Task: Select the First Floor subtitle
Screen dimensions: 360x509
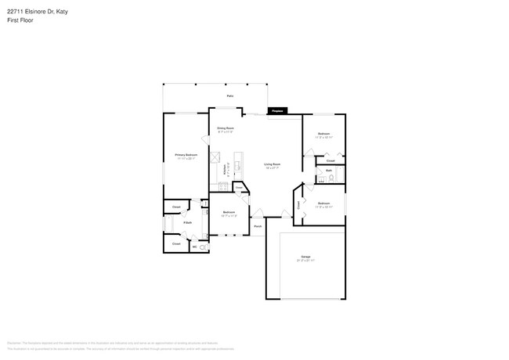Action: pos(20,20)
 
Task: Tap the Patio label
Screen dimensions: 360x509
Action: pos(230,95)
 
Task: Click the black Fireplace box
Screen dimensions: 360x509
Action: pos(276,111)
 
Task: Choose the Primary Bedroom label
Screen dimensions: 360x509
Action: pos(186,156)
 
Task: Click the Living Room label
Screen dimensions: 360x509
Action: pos(272,164)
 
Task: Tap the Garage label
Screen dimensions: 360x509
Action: pos(305,257)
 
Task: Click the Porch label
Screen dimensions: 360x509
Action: pos(257,227)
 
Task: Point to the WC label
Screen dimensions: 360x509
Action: pos(193,247)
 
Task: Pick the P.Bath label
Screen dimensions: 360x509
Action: pos(188,224)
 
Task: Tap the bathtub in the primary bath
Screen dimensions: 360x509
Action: pos(167,224)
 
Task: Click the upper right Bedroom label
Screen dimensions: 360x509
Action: pos(323,135)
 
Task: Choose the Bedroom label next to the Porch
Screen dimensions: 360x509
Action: pos(229,212)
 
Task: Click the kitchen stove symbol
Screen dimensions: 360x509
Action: pos(223,187)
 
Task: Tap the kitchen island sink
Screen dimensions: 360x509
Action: pos(238,166)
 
